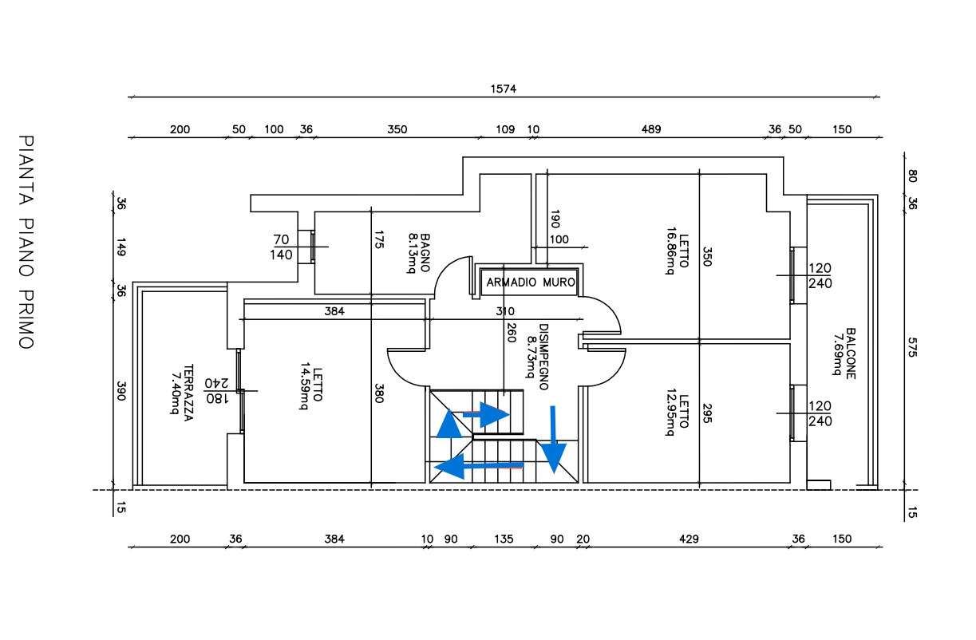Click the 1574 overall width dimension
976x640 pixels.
(x=504, y=89)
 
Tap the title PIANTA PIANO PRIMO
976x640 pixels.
(x=26, y=243)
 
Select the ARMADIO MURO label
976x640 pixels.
(x=530, y=282)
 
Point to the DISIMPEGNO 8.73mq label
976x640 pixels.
(x=537, y=357)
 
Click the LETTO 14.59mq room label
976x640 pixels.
(x=311, y=385)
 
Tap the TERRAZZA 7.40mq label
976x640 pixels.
(x=182, y=393)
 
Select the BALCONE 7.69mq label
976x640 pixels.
(x=844, y=354)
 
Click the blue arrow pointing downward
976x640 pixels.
(x=553, y=440)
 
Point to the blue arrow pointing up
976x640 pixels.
(x=448, y=423)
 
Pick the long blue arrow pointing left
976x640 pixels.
(x=478, y=466)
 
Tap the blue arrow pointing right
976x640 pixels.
(x=486, y=414)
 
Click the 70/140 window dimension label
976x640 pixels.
(x=281, y=247)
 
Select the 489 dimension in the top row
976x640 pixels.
(x=651, y=129)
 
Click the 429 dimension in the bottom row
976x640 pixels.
(x=689, y=539)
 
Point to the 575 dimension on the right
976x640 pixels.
(x=912, y=347)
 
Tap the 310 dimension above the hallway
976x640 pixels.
(x=505, y=311)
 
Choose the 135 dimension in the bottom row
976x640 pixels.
(x=504, y=539)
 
